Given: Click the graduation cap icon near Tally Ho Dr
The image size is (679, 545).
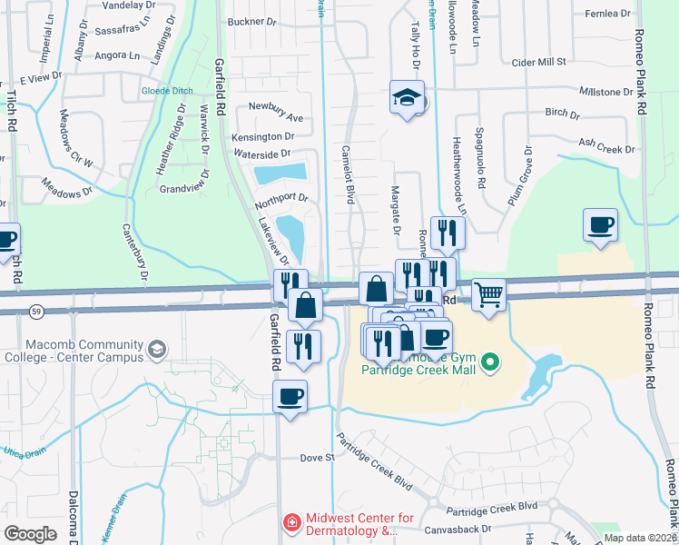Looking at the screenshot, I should pyautogui.click(x=407, y=98).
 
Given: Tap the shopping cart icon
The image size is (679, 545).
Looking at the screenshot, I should pyautogui.click(x=488, y=295).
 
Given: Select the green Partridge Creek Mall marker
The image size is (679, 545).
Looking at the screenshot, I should pyautogui.click(x=491, y=363).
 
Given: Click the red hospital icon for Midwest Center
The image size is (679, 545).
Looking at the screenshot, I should pyautogui.click(x=292, y=524).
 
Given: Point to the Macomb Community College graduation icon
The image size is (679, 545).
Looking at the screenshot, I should pyautogui.click(x=158, y=349).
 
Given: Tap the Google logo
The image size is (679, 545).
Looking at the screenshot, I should pyautogui.click(x=31, y=533).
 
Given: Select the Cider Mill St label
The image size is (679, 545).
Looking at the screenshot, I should pyautogui.click(x=539, y=62).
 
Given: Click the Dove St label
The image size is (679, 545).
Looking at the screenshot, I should pyautogui.click(x=318, y=458).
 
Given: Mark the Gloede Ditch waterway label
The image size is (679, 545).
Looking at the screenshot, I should pyautogui.click(x=170, y=91).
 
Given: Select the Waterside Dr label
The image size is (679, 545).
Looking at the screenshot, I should pyautogui.click(x=261, y=154).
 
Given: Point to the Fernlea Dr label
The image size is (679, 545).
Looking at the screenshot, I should pyautogui.click(x=607, y=14).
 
